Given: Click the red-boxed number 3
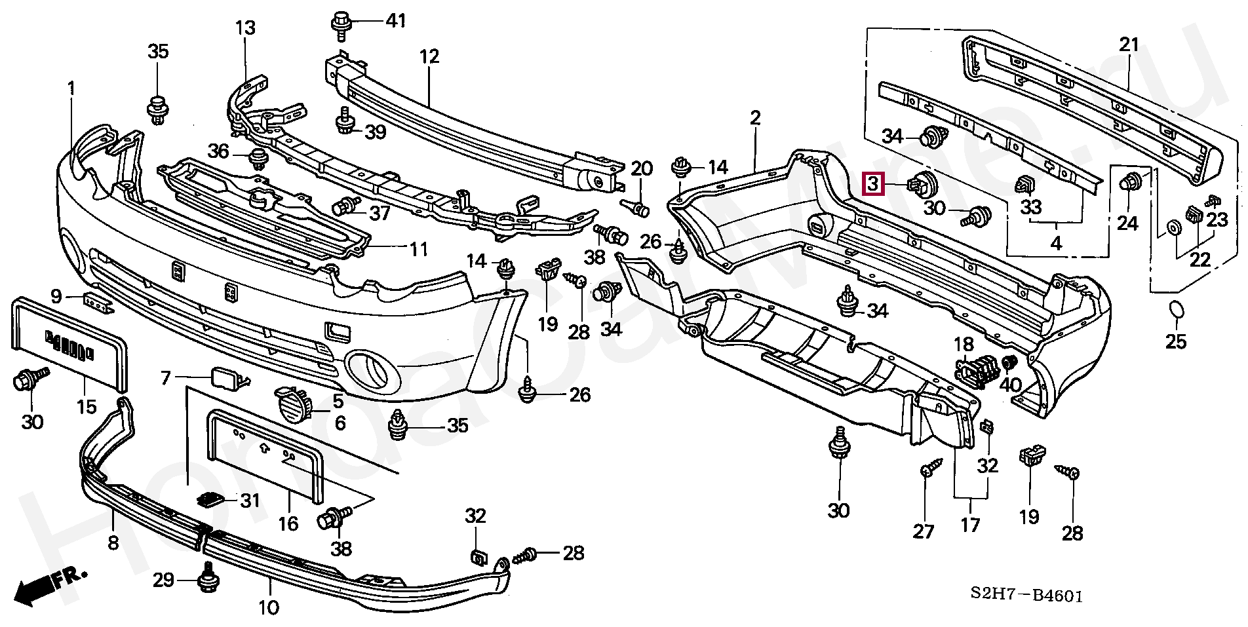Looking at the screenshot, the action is (x=874, y=184).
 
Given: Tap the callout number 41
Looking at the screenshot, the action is (x=395, y=20).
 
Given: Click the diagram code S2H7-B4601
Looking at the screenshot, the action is (x=1027, y=596).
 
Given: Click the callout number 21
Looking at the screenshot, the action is (x=1129, y=45).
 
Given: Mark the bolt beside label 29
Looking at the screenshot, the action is (x=208, y=576).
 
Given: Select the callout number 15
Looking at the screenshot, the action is (x=87, y=407).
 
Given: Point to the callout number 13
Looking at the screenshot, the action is (x=246, y=28).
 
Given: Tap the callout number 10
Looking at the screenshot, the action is (x=269, y=607).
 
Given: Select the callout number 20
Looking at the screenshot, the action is (x=642, y=168).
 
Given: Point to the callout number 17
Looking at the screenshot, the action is (x=970, y=525).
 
